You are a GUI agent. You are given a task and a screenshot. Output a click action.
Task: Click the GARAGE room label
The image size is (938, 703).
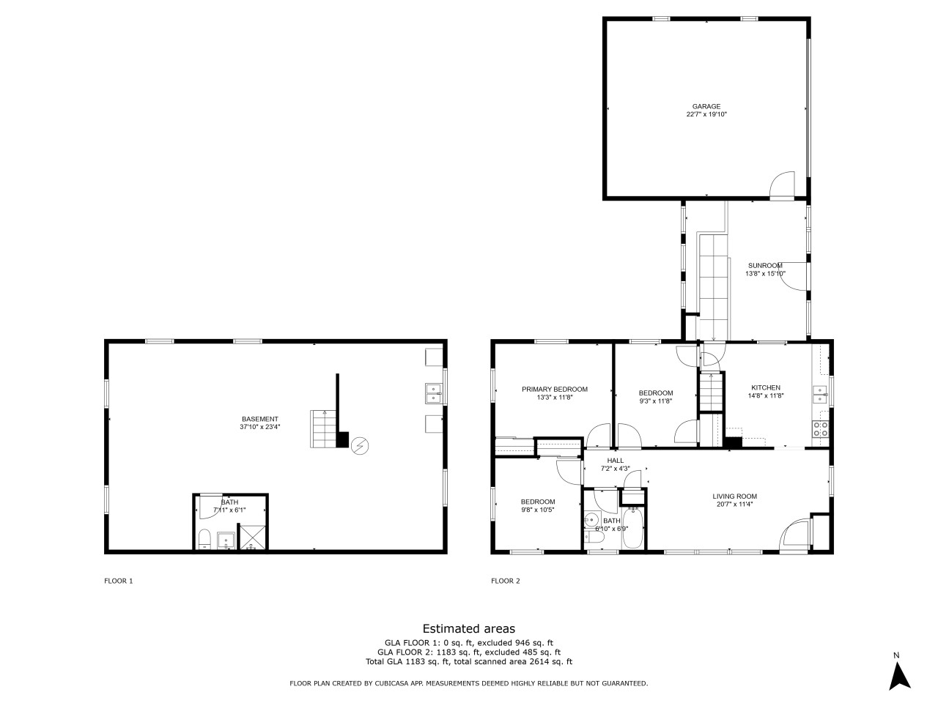[x=706, y=106]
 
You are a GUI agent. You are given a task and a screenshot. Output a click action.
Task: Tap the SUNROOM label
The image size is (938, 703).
[x=765, y=266]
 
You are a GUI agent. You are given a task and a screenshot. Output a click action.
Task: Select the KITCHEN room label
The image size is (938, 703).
[x=765, y=387]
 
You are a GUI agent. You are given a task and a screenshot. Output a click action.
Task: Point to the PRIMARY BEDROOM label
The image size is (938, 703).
[x=554, y=390]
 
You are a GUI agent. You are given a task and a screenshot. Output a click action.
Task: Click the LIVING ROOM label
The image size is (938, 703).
[x=734, y=496]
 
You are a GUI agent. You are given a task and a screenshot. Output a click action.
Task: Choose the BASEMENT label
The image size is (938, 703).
[x=260, y=419]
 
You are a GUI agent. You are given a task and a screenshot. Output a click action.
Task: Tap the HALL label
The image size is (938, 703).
[x=615, y=461]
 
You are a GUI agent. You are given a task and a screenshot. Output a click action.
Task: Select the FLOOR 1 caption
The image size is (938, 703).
[x=119, y=581]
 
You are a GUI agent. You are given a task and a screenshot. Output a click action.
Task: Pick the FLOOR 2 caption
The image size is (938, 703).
[x=505, y=581]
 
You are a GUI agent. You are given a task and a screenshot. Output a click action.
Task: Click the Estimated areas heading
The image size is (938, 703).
[x=469, y=629]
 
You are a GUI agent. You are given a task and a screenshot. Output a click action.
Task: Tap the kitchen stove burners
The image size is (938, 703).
[x=820, y=429]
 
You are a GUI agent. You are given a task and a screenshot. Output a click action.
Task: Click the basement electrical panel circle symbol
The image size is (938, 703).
[x=359, y=446]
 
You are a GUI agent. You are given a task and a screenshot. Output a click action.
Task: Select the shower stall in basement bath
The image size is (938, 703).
[x=253, y=538]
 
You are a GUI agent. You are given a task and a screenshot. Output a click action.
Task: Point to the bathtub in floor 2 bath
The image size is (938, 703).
[x=632, y=529]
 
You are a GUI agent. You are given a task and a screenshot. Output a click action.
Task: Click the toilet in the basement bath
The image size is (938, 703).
[x=204, y=540]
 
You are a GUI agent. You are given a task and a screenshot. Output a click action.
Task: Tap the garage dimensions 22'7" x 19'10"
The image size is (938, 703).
[x=706, y=114]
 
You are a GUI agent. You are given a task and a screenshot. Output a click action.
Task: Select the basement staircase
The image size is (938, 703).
[x=323, y=429]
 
